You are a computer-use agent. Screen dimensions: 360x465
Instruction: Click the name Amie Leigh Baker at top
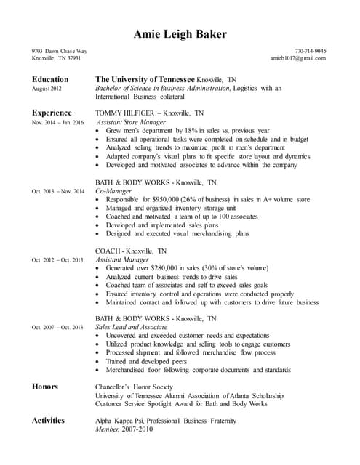(x=180, y=34)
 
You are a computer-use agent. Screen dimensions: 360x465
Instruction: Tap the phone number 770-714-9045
(x=311, y=51)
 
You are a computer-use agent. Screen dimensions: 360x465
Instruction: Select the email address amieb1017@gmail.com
(x=298, y=58)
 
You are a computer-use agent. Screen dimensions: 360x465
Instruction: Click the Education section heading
(x=50, y=78)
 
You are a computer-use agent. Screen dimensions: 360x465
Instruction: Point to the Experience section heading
(x=52, y=113)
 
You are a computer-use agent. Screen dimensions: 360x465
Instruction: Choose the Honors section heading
(x=45, y=386)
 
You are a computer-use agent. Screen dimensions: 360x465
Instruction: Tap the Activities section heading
(x=48, y=420)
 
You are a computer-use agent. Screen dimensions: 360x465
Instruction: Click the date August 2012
(x=47, y=89)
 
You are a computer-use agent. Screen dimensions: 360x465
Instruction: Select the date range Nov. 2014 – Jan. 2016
(x=57, y=123)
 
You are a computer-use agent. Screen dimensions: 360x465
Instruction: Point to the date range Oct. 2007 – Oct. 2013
(x=57, y=327)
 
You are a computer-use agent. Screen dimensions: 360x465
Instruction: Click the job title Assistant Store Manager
(x=132, y=123)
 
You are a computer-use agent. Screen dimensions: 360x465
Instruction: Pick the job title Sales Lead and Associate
(x=131, y=327)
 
